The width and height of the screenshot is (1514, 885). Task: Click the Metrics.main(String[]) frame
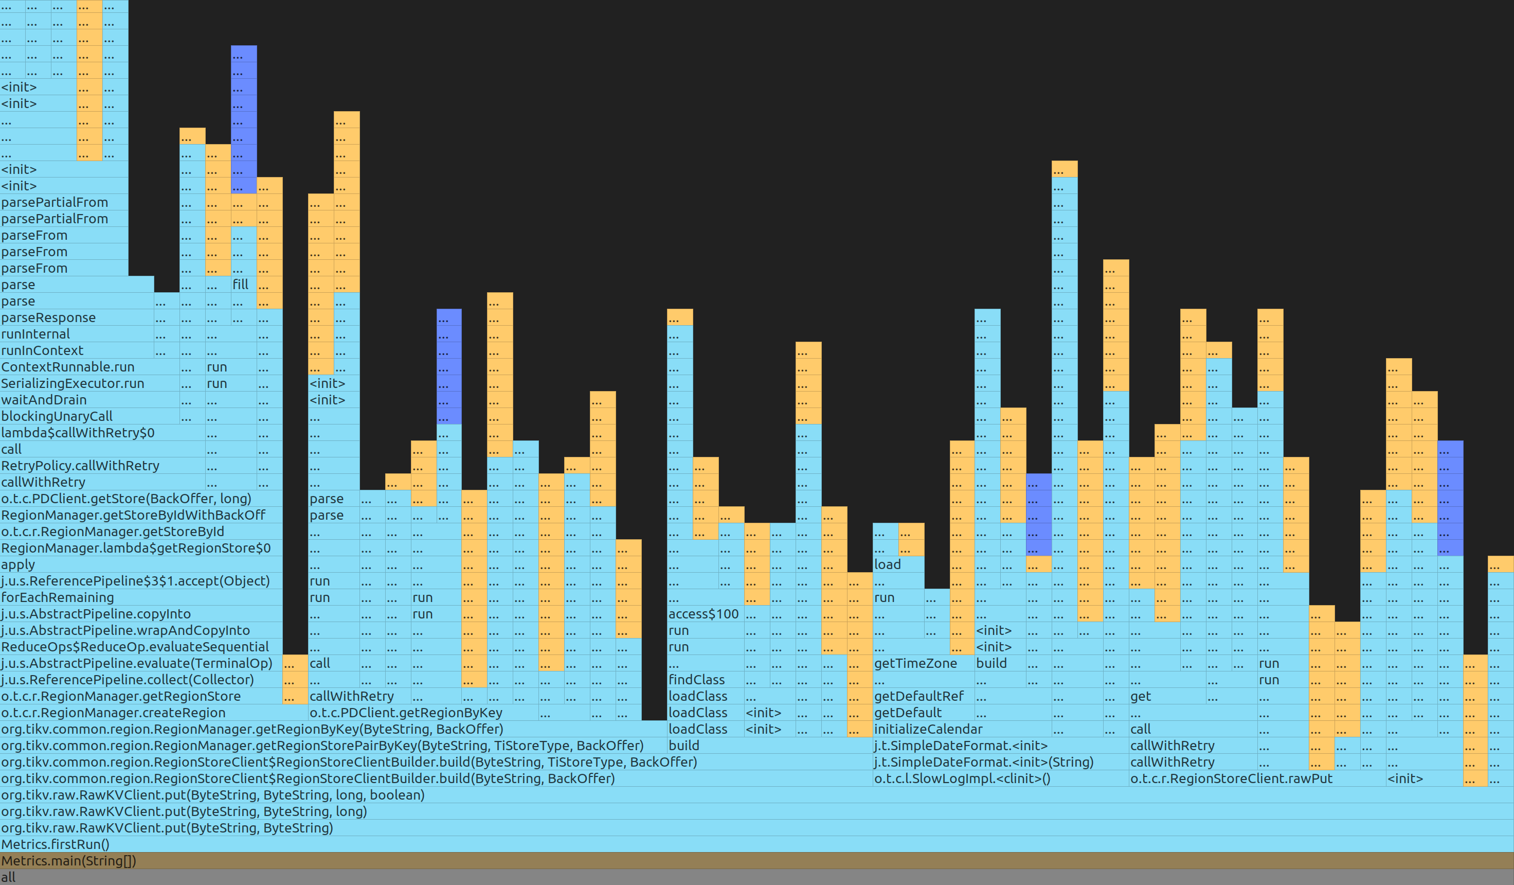[757, 860]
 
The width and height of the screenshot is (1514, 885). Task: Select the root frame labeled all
[757, 877]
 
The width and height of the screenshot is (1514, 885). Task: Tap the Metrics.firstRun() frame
[757, 844]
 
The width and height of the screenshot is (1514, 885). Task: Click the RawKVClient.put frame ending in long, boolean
[757, 795]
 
